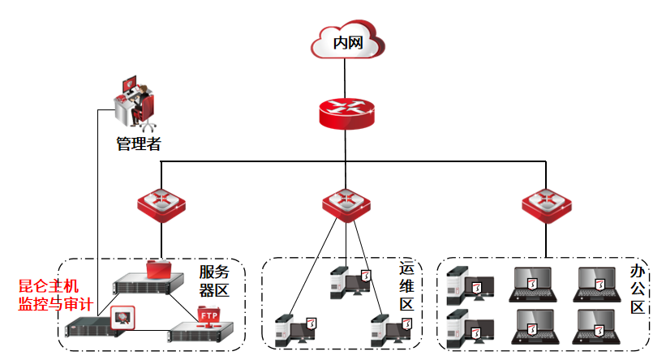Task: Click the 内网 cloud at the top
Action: pyautogui.click(x=346, y=41)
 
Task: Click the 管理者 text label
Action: pyautogui.click(x=138, y=145)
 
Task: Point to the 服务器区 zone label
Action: pyautogui.click(x=214, y=281)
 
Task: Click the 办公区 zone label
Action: pyautogui.click(x=637, y=288)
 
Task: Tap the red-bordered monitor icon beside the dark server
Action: pyautogui.click(x=122, y=318)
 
